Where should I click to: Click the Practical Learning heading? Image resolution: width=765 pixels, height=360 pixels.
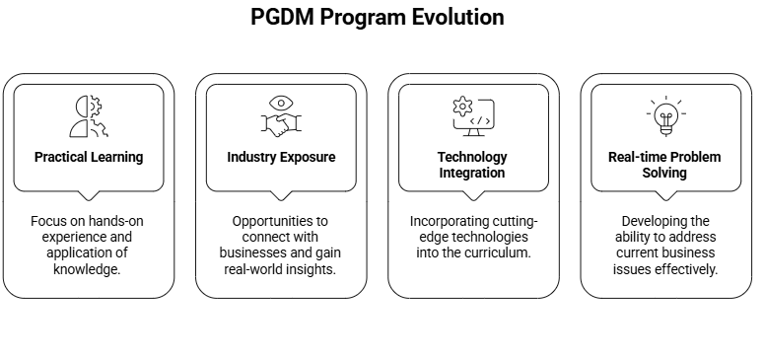[x=89, y=157]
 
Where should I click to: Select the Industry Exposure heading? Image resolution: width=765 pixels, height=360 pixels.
[x=281, y=157]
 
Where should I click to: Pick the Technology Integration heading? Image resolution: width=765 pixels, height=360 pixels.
[x=472, y=165]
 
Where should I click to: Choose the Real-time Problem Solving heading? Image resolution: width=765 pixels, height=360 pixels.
[x=664, y=165]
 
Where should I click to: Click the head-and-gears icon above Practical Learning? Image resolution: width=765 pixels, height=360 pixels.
[x=89, y=116]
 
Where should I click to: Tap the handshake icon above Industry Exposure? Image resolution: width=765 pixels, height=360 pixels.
[x=281, y=124]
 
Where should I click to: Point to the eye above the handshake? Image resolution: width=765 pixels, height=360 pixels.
[x=281, y=102]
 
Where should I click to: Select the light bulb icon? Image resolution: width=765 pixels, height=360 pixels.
[x=665, y=116]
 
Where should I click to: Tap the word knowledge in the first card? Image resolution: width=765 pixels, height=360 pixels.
[x=89, y=269]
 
